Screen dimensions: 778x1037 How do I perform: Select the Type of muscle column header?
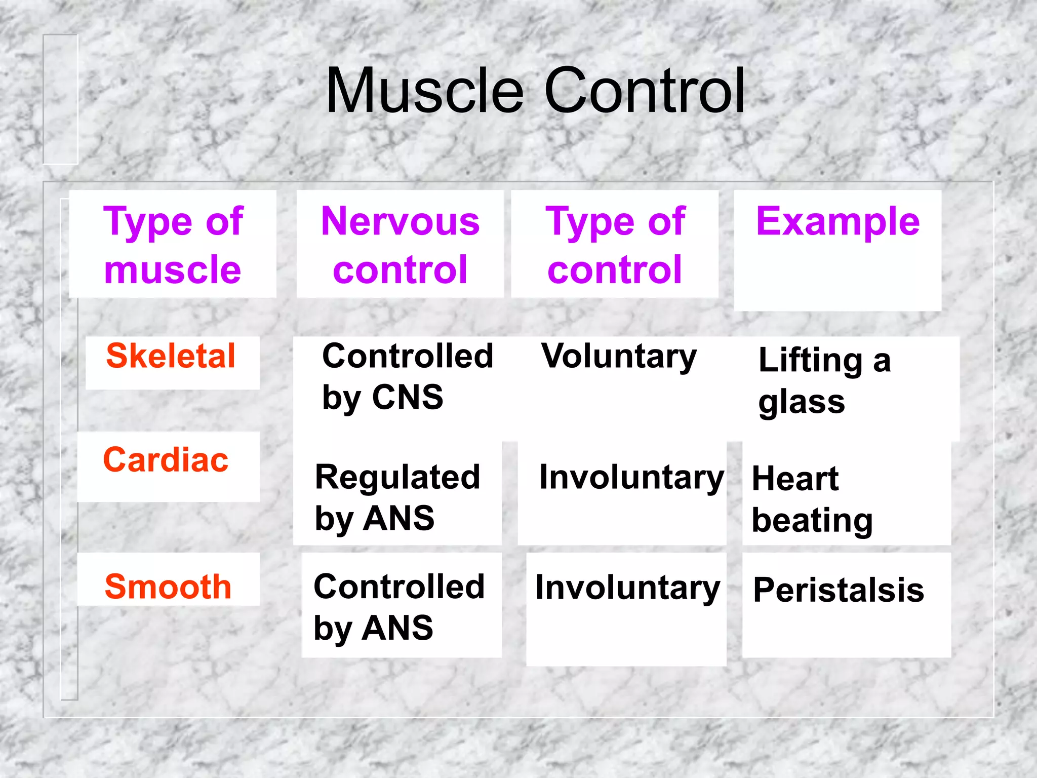coord(173,245)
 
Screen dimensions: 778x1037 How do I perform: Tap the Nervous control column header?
coord(400,245)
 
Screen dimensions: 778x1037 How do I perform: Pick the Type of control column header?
coord(615,245)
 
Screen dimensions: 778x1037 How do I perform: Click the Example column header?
coord(837,222)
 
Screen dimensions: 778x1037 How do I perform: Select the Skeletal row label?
coord(171,356)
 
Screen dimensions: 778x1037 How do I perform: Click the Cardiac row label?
coord(166,460)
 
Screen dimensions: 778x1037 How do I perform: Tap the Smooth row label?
coord(168,587)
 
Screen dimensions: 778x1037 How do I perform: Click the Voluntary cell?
coord(619,357)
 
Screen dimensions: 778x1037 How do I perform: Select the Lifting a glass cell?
coord(824,381)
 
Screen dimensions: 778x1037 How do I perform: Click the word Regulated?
coord(397,477)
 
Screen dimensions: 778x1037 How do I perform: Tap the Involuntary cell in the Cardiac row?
coord(631,478)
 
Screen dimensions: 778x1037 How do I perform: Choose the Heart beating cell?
coord(812,499)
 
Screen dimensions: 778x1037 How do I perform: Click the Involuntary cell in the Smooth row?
coord(628,588)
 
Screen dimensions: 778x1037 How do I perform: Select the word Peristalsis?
coord(839,590)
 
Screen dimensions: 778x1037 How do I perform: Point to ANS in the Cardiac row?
coord(399,519)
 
